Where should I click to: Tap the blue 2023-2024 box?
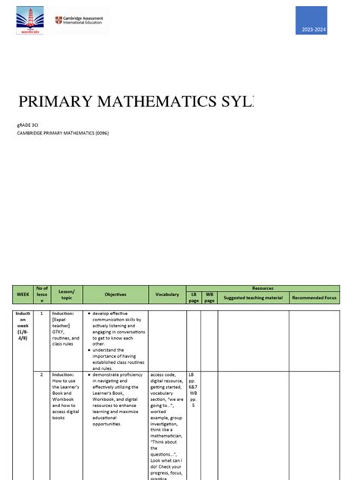pos(311,21)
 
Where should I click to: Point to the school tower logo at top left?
pos(30,21)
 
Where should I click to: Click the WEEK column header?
pos(22,294)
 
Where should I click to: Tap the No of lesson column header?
pos(42,294)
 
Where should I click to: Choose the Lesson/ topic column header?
pos(67,294)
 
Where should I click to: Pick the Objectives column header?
pos(115,294)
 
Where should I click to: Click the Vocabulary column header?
pos(167,294)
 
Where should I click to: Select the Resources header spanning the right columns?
pos(262,289)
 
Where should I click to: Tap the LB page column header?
pos(194,298)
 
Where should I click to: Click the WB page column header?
pos(210,298)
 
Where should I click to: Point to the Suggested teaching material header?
pos(253,298)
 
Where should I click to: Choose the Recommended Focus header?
pos(314,298)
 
